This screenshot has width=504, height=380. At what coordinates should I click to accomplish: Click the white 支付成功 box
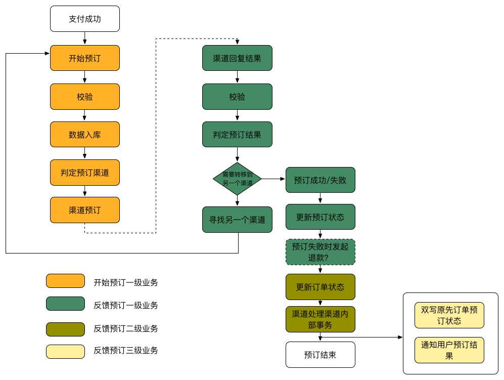(x=85, y=19)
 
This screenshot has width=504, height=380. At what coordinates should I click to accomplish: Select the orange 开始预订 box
(x=85, y=58)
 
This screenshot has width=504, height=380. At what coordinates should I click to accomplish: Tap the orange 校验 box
(x=85, y=96)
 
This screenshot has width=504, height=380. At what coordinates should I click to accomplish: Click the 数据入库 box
(x=85, y=134)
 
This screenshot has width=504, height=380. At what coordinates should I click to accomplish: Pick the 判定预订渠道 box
(x=85, y=173)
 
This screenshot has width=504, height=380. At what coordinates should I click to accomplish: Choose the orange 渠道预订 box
(x=85, y=210)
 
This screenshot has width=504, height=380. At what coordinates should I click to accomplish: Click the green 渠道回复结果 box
(x=237, y=58)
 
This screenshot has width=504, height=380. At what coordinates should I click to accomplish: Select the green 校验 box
(x=237, y=96)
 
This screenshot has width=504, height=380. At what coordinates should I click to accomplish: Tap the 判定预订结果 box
(x=237, y=134)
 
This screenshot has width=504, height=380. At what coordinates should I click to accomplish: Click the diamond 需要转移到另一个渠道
(x=237, y=179)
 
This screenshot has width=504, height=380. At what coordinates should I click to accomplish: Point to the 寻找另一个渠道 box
(x=237, y=220)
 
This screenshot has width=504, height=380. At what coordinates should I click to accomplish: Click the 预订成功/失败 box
(x=320, y=180)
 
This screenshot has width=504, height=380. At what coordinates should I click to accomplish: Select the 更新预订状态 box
(x=320, y=217)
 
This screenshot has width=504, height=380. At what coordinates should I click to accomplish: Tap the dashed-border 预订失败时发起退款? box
(x=320, y=252)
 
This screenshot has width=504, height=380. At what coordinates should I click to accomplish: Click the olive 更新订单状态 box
(x=320, y=287)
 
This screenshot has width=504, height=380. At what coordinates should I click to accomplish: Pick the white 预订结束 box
(x=320, y=355)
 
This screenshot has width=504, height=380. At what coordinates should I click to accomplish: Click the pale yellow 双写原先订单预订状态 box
(x=449, y=315)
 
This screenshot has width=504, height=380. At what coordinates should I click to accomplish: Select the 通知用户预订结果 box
(x=449, y=350)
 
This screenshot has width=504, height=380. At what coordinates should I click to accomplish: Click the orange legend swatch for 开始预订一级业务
(x=65, y=281)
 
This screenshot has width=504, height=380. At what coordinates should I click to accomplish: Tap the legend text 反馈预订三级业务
(x=126, y=350)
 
